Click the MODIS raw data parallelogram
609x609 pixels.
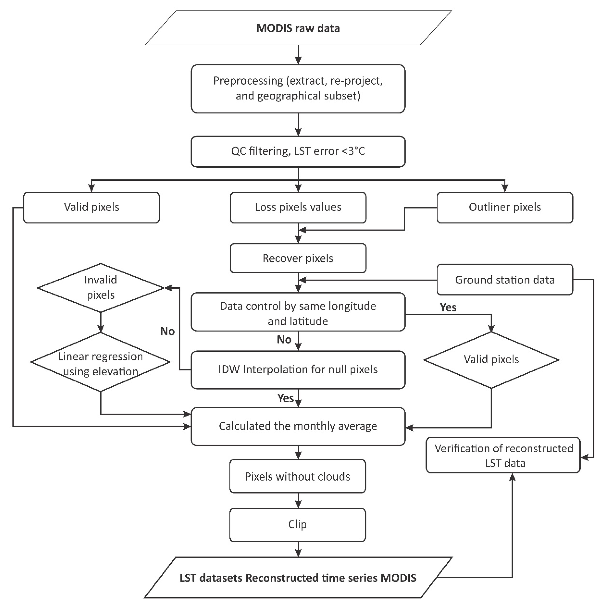point(298,28)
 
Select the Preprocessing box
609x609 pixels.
point(298,89)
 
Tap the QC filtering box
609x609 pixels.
point(298,151)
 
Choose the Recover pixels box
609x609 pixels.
point(298,258)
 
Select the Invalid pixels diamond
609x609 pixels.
point(100,287)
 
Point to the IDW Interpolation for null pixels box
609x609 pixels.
point(298,369)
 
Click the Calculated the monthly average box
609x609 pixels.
point(298,426)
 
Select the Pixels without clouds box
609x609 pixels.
point(297,477)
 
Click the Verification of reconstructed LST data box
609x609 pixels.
point(503,455)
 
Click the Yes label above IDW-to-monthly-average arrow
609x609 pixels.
point(285,398)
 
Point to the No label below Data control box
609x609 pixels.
point(284,339)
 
